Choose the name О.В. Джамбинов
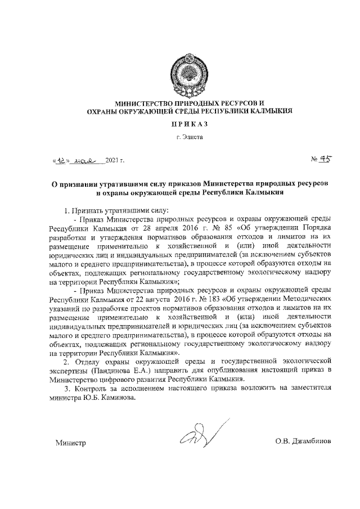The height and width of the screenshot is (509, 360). click(303, 442)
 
